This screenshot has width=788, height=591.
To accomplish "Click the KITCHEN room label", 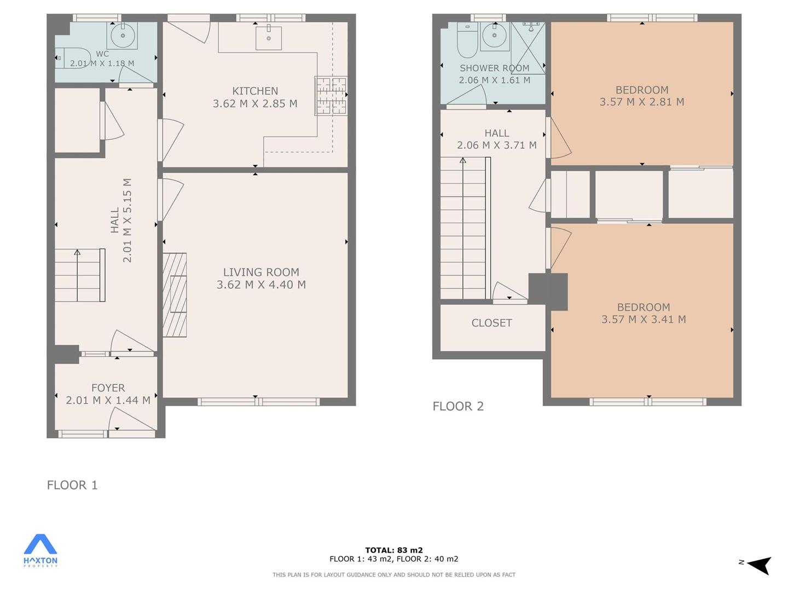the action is [x=255, y=91].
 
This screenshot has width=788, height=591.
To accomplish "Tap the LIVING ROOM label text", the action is [x=261, y=272].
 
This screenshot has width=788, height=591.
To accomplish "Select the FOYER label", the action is [x=108, y=387].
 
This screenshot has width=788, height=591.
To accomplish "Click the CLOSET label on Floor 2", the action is [x=491, y=323].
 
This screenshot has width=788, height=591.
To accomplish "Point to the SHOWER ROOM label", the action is [x=494, y=68].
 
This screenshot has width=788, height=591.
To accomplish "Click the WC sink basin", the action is [x=122, y=35].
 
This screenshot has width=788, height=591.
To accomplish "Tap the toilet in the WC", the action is [x=73, y=58].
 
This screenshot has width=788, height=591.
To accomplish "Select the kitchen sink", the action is [x=269, y=38].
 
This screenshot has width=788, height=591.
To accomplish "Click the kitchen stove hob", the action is [x=331, y=95].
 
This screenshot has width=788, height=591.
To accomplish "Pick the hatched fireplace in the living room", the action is [x=175, y=294].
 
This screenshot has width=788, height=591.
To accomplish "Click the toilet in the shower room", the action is [x=467, y=39].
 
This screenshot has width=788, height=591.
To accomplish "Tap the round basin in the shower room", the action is [x=494, y=36].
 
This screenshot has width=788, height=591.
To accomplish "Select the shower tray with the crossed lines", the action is [x=528, y=48].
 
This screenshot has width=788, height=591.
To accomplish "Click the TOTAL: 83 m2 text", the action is [x=394, y=550].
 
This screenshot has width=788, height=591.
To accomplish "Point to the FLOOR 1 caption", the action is [x=72, y=485].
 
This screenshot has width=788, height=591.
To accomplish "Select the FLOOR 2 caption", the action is [x=458, y=406].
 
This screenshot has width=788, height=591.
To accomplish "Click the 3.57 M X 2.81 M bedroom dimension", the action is [x=642, y=102].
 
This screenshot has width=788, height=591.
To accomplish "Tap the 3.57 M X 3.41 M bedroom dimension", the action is [x=644, y=319].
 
